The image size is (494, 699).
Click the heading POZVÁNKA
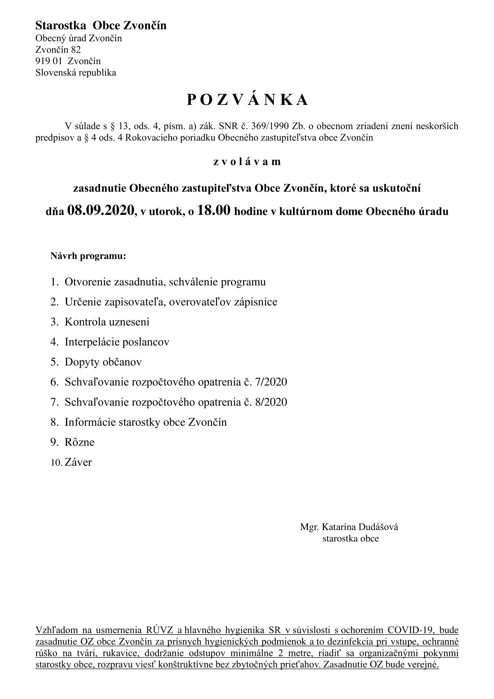tap(247, 100)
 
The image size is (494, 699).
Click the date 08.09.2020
tap(101, 210)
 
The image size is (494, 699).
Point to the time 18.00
tap(214, 210)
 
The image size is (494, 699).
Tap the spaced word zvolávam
tap(247, 161)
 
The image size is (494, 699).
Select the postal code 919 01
tap(49, 61)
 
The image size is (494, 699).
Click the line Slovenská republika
tap(76, 72)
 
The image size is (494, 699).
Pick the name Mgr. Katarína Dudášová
tap(349, 527)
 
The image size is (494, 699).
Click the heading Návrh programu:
tap(88, 256)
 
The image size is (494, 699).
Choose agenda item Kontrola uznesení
tap(107, 322)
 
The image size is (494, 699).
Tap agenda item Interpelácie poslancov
tap(117, 342)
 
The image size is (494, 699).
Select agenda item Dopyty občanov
tap(103, 362)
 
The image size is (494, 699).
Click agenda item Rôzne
tap(79, 442)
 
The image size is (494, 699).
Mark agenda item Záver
tap(78, 462)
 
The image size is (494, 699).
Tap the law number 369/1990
tap(270, 126)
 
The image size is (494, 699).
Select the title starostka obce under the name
tap(351, 539)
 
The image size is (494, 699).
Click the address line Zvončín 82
tap(58, 49)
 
